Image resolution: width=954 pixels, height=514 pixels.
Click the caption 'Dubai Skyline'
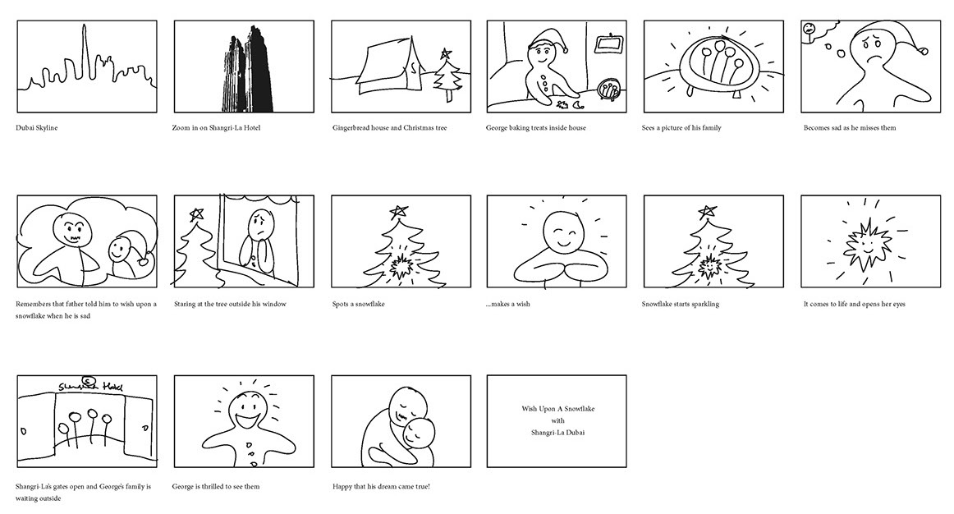[x=36, y=128]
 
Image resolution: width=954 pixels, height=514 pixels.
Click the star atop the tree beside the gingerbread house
[x=447, y=53]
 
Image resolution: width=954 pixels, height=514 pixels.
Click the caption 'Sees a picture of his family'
[x=681, y=128]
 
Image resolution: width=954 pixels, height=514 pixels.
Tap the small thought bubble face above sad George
[x=810, y=29]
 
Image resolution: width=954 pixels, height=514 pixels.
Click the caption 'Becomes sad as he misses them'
[x=850, y=128]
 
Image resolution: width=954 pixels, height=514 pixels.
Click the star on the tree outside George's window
[x=196, y=213]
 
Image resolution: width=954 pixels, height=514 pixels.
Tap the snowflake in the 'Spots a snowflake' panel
[x=401, y=266]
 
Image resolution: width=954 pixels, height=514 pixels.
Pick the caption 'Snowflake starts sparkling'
[x=681, y=304]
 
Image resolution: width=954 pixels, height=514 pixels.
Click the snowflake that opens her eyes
[x=867, y=246]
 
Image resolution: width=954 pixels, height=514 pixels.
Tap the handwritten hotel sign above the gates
[x=90, y=386]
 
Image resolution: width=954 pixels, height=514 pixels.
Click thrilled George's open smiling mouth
[x=250, y=420]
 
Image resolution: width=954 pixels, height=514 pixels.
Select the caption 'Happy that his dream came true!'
[x=381, y=487]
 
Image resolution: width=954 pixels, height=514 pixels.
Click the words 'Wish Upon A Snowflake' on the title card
[x=558, y=409]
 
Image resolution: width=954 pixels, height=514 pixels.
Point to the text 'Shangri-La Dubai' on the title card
[x=558, y=433]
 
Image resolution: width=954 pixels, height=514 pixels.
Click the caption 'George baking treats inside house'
[x=535, y=128]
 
